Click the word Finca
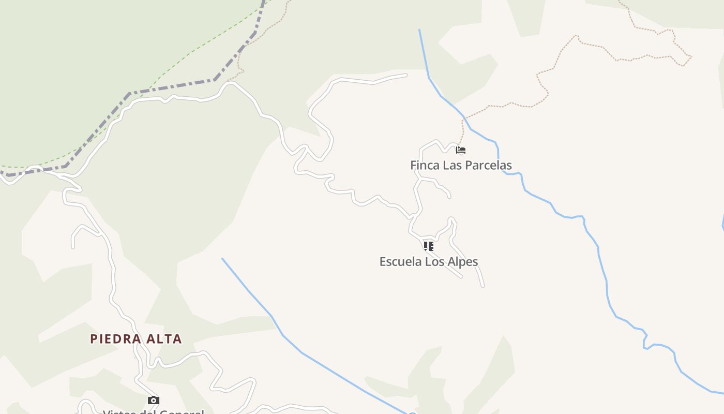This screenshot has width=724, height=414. (x=424, y=166)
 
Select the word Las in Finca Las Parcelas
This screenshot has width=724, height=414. (x=450, y=166)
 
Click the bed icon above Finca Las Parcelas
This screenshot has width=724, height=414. (x=461, y=151)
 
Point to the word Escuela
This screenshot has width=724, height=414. (x=400, y=262)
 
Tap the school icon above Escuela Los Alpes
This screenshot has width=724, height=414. (x=428, y=246)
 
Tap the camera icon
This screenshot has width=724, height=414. (x=154, y=400)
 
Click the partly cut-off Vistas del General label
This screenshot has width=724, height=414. (x=154, y=412)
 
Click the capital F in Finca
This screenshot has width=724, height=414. (x=413, y=166)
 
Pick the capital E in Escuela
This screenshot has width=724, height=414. (x=383, y=262)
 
